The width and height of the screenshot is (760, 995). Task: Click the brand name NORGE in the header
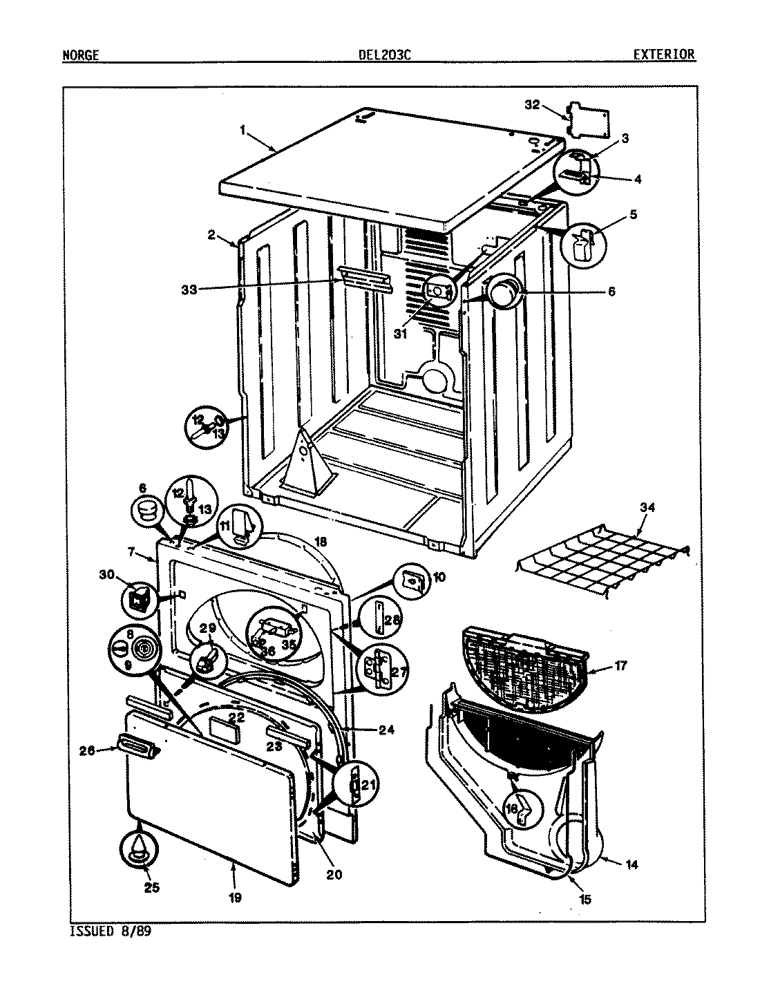click(80, 55)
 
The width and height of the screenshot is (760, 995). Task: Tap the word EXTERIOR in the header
click(663, 55)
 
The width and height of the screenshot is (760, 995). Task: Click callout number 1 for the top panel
click(243, 129)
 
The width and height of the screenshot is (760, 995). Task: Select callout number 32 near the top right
click(531, 105)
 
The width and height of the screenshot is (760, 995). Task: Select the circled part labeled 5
click(582, 245)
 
